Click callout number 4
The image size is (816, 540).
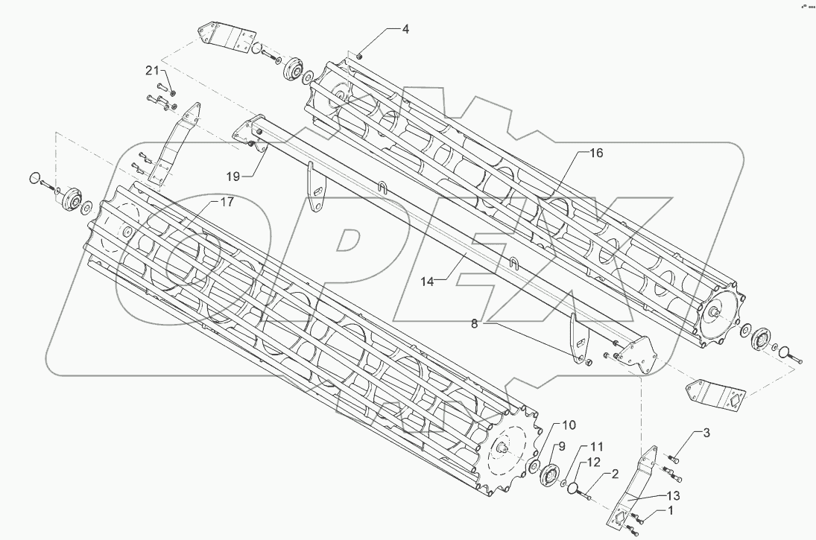(405, 30)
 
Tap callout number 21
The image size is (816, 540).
(152, 71)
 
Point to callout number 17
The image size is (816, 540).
(225, 202)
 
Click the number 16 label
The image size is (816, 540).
(596, 153)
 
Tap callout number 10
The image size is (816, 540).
(569, 425)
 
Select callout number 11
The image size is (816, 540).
(597, 446)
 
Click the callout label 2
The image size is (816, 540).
(615, 474)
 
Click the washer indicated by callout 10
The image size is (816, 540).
(534, 466)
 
